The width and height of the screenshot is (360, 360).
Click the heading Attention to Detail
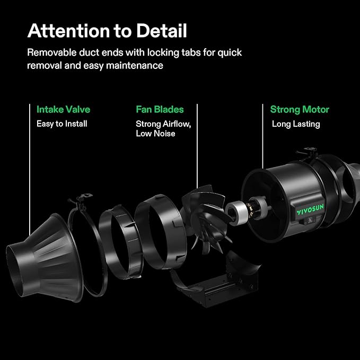[x=107, y=31]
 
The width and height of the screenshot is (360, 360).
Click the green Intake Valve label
[x=63, y=110]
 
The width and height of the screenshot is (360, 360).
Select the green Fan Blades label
[x=160, y=110]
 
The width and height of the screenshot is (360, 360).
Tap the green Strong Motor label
[x=300, y=110]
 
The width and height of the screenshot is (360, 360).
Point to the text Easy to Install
[x=62, y=124]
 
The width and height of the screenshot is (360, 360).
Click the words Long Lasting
[x=296, y=124]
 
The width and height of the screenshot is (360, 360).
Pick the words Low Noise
[x=155, y=134]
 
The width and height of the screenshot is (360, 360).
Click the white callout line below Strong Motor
[x=262, y=138]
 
